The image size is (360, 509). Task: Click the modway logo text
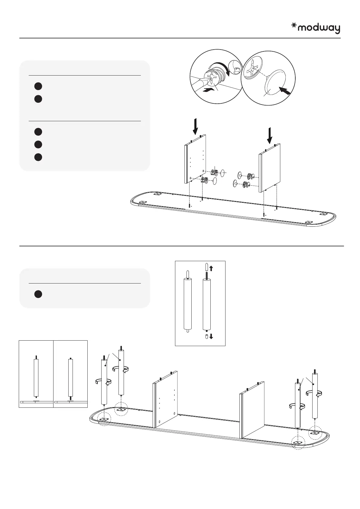pos(319,28)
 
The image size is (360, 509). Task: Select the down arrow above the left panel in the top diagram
pos(196,126)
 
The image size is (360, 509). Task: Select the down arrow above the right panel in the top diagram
pos(269,135)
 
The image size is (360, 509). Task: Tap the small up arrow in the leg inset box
pos(211,267)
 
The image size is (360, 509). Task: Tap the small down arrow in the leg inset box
pos(211,336)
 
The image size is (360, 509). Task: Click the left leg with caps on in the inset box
pos(187,302)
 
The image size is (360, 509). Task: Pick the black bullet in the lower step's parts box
pos(38,294)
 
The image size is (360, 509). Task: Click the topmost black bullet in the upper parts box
pos(38,86)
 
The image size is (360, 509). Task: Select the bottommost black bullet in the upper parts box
pos(38,157)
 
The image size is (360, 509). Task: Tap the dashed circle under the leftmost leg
pos(104,420)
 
